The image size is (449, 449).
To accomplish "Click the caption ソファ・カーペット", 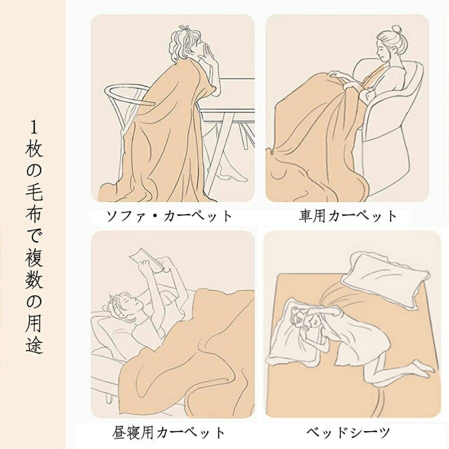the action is click(169, 216).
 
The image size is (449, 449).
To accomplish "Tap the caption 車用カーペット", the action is click(348, 216).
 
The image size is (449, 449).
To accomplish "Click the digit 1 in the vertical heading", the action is click(34, 128).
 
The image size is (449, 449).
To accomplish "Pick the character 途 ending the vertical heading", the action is click(34, 345).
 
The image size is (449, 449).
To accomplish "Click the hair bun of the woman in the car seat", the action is click(397, 29).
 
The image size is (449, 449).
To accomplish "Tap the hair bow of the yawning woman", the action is click(184, 30).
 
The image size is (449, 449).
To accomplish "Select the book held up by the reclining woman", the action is click(147, 261).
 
